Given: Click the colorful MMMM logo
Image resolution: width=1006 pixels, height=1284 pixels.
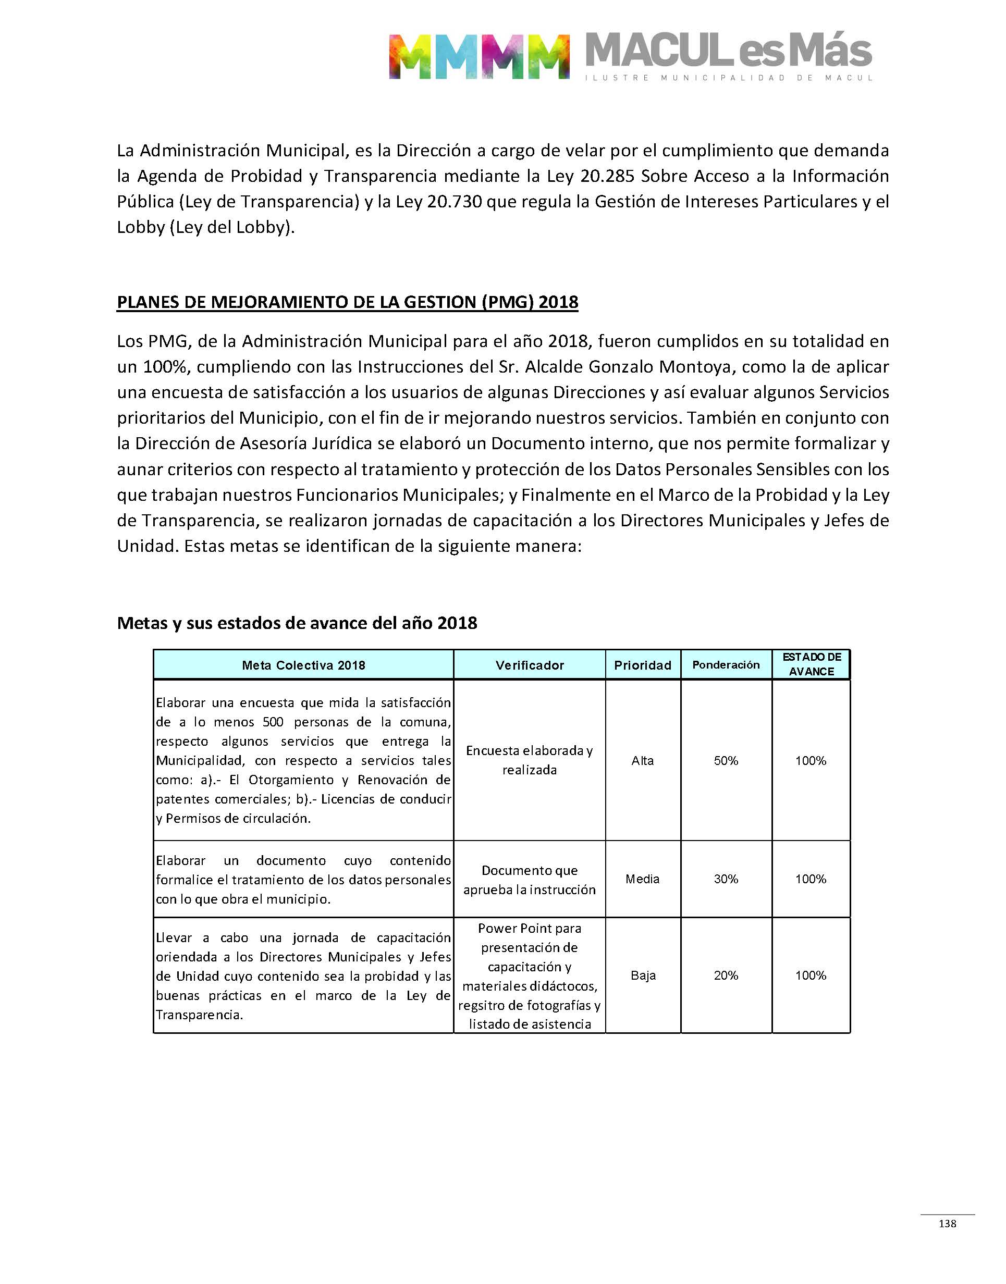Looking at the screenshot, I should pos(479,56).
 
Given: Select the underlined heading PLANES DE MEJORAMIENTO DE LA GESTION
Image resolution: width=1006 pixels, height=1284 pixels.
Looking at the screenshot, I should pos(348,302).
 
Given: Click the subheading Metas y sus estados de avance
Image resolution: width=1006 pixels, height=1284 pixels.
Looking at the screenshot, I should pos(297,623).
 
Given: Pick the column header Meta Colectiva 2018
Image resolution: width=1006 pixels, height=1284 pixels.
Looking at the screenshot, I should pos(303,665).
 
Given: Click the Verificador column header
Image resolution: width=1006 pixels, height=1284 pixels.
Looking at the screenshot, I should pos(530,665).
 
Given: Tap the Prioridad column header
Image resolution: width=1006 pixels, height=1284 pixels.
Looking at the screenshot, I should pos(643,665).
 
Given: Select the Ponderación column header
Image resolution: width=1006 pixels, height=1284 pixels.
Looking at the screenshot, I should pos(726,665).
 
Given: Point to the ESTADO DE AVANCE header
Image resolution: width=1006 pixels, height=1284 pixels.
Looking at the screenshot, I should pos(811,664).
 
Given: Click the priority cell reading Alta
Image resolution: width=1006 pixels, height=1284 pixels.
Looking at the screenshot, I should pos(643,761).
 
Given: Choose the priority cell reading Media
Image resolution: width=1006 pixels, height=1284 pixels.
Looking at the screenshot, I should pos(643,879).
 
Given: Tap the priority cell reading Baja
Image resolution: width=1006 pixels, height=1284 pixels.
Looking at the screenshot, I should pos(643,976).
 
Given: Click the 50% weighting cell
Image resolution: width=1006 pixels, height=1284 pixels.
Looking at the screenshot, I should pos(726,761).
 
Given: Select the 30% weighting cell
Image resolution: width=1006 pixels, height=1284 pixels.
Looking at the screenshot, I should pos(726,879).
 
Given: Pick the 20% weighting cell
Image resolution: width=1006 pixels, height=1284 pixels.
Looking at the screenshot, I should pos(726,976).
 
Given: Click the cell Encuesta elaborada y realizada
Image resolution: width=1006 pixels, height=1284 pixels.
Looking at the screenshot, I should pos(530,760).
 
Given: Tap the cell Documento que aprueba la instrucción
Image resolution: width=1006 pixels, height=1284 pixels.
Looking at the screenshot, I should pos(530,880).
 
